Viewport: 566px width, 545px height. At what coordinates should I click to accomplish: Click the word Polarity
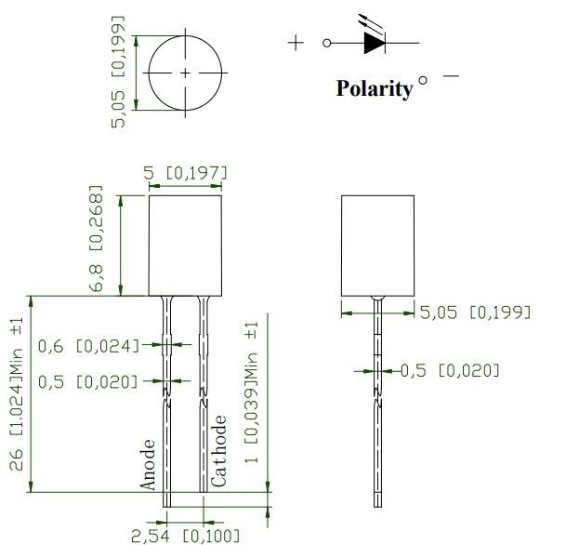(374, 88)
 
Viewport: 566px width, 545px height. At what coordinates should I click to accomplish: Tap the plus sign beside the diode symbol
(296, 43)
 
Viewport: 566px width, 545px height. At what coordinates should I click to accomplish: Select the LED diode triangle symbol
(374, 43)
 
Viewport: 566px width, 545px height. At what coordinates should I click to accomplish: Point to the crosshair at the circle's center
(185, 73)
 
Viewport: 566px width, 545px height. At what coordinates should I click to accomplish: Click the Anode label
(148, 464)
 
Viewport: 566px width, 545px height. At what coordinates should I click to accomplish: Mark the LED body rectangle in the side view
(376, 246)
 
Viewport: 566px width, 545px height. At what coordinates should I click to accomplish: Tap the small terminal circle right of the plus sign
(326, 43)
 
